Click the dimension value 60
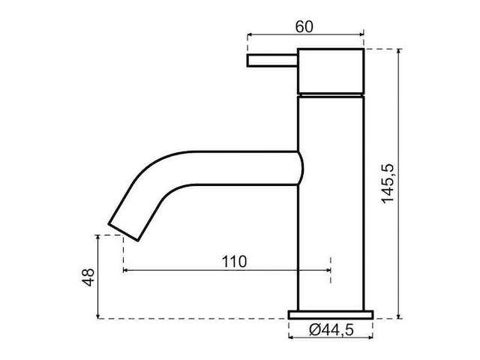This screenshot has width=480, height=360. [304, 26]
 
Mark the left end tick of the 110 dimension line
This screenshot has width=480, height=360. [123, 269]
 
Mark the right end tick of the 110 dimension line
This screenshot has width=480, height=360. [329, 269]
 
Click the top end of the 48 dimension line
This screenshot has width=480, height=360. [99, 235]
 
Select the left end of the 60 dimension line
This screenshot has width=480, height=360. [247, 34]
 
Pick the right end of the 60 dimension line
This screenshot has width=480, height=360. [364, 34]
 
